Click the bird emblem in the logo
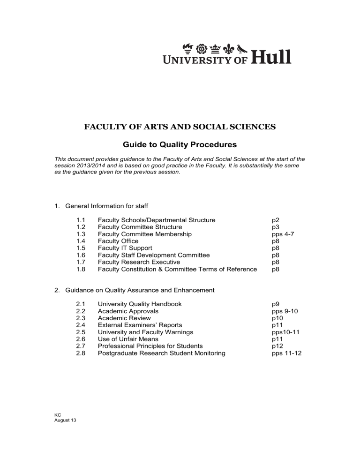(x=242, y=48)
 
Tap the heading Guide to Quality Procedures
(x=180, y=145)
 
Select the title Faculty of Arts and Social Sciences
(x=180, y=127)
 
